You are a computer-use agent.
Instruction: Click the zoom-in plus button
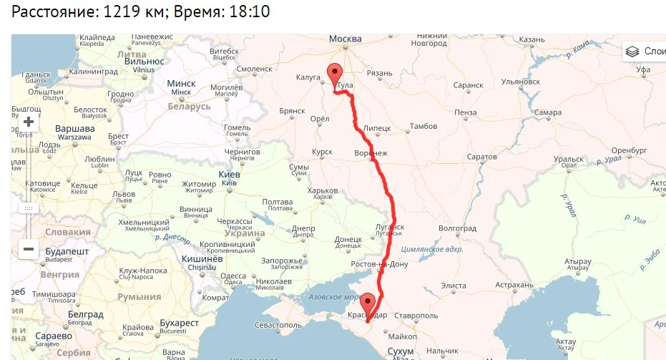point(29,122)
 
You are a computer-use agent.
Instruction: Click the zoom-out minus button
point(29,249)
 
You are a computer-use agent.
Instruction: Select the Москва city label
point(346,39)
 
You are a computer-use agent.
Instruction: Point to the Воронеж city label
point(371,153)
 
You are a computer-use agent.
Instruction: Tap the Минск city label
point(181,84)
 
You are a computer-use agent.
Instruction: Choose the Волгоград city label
point(457,228)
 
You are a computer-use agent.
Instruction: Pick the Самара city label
point(547,113)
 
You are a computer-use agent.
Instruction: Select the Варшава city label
point(75,130)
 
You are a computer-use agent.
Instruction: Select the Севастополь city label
point(275,325)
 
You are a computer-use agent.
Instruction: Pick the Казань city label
point(532,39)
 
